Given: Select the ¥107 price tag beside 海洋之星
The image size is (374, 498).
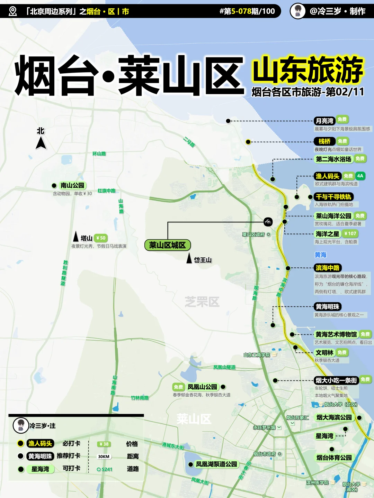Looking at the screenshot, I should [x=350, y=234].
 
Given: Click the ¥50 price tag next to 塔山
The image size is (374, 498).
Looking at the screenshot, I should [x=101, y=238].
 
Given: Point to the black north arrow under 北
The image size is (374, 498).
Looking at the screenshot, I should [x=41, y=143].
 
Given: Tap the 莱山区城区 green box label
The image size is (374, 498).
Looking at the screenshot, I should [x=168, y=245].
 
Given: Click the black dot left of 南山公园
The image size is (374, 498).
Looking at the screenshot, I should [x=54, y=186].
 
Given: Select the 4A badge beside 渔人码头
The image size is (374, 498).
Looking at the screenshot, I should [x=360, y=176].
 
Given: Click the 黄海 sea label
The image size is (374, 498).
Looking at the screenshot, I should [x=320, y=255].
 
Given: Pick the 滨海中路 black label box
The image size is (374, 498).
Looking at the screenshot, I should [x=328, y=268].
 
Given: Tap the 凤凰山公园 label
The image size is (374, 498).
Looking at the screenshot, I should [x=202, y=387].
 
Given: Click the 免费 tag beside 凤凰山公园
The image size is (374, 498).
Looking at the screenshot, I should [x=178, y=387].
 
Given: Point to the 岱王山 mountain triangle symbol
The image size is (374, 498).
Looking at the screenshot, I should [x=189, y=258].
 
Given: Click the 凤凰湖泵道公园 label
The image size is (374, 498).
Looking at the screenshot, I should [x=216, y=464].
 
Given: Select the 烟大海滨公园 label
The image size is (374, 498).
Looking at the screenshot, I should [x=334, y=417].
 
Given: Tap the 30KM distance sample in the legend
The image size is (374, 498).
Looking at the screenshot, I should [x=104, y=456].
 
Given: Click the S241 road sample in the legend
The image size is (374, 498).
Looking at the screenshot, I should [x=105, y=469].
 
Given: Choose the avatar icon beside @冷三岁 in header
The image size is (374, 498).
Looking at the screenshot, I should [x=298, y=11].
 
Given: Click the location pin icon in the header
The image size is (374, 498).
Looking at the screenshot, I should [x=12, y=11].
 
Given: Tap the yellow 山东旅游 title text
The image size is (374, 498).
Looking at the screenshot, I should [x=308, y=70].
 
